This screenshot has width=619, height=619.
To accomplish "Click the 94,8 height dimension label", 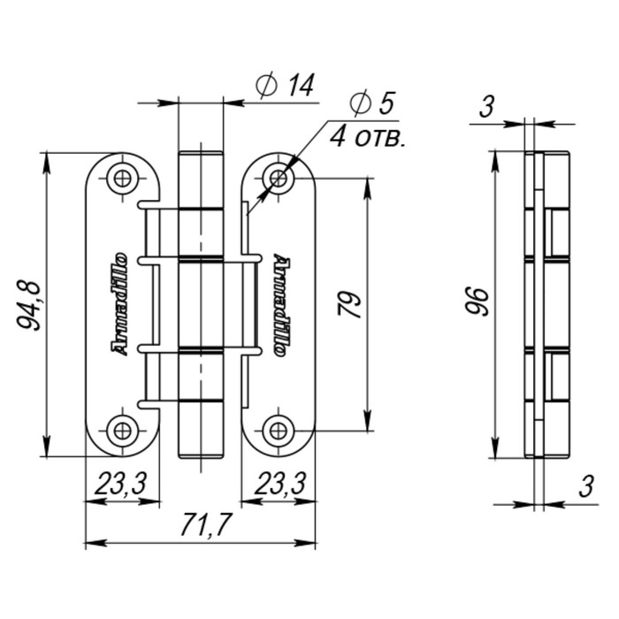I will (x=29, y=303).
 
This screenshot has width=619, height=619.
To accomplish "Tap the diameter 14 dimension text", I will (x=286, y=86).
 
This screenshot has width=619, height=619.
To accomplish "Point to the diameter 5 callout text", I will (x=371, y=104).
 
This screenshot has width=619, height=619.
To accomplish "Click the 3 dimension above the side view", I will (x=485, y=108).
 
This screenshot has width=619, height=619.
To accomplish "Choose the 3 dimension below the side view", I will (x=585, y=485).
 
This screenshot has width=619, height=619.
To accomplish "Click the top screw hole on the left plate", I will (x=121, y=179).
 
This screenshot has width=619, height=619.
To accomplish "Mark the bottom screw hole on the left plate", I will (x=121, y=431).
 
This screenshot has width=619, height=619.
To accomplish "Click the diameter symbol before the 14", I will (x=264, y=86).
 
